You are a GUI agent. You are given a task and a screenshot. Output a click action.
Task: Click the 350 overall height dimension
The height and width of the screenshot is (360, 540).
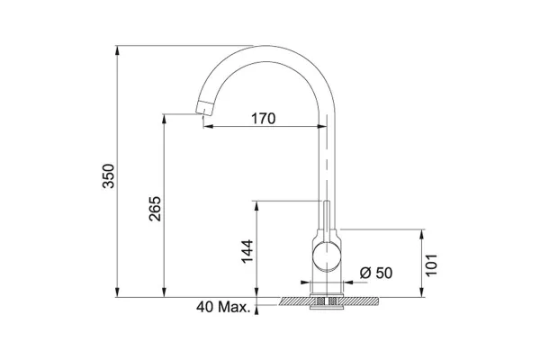click(109, 175)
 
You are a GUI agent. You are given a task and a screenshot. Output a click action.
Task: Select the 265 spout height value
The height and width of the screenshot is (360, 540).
click(155, 209)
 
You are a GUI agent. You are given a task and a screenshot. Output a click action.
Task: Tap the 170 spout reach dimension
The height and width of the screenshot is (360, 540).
click(264, 119)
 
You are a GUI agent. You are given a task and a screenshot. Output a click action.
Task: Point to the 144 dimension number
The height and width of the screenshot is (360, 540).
click(247, 251)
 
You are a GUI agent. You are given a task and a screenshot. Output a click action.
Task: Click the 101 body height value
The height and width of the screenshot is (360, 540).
click(431, 265)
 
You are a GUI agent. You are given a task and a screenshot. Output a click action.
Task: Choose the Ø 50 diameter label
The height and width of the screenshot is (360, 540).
click(376, 273)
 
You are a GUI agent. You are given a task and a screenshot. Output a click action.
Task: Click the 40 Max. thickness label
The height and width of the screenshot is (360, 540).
click(223, 307)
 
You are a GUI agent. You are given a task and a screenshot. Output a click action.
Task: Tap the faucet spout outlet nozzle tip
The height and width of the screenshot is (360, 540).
click(204, 107)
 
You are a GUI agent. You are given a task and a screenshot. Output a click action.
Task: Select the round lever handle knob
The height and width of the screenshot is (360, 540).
click(327, 256)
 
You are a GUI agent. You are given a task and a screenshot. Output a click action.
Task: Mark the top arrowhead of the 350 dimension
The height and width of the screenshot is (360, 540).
click(117, 49)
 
